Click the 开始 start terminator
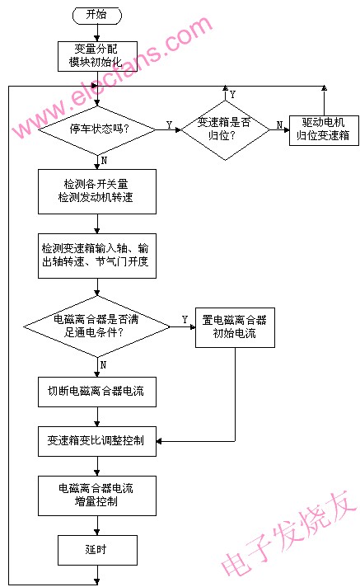97,15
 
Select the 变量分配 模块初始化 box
97,56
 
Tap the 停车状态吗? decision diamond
97,130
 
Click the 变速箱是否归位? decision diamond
225,130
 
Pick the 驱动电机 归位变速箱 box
324,130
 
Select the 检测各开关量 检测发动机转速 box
97,191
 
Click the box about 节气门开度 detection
97,256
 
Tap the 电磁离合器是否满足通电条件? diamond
97,326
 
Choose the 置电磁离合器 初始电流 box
235,327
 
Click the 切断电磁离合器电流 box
97,392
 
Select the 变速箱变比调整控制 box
97,441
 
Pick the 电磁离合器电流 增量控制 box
97,495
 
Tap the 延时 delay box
97,550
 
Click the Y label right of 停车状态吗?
169,125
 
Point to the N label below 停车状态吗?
104,160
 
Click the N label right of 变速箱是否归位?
279,125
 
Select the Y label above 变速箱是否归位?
232,94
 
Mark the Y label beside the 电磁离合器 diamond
185,320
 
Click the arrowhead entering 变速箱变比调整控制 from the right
159,441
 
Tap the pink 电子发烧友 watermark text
289,533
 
